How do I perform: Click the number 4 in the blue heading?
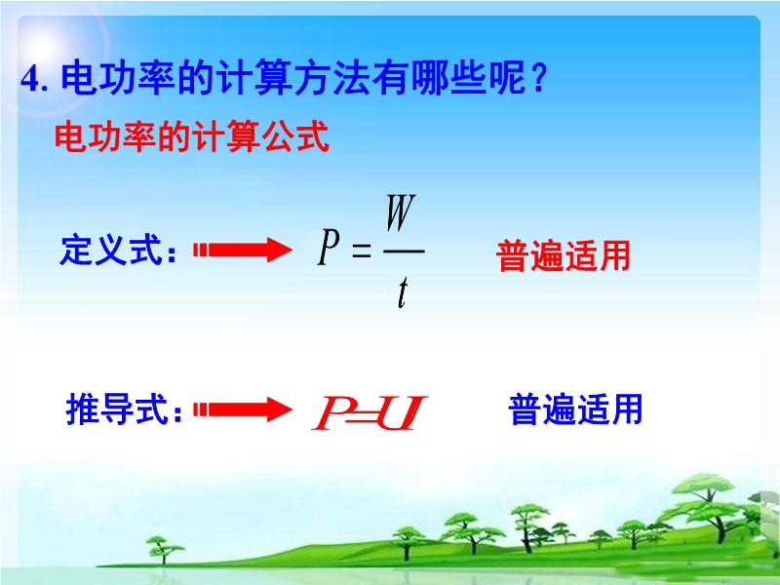pos(30,79)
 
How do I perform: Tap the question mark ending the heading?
pos(538,78)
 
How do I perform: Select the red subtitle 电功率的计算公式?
pos(191,136)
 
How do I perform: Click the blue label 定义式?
pos(111,250)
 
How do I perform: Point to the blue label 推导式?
pos(117,409)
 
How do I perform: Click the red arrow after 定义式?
pos(243,250)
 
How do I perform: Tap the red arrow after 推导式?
pos(243,409)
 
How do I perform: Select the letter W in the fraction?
pos(401,213)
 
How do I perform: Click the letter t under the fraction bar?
pos(403,292)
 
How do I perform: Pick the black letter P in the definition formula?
pos(329,247)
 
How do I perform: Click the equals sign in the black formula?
pos(362,251)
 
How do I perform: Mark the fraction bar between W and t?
pos(404,252)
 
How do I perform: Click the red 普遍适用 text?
pos(564,255)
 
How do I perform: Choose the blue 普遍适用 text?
pos(575,409)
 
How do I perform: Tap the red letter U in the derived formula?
pos(402,412)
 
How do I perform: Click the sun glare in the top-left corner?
pos(42,48)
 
